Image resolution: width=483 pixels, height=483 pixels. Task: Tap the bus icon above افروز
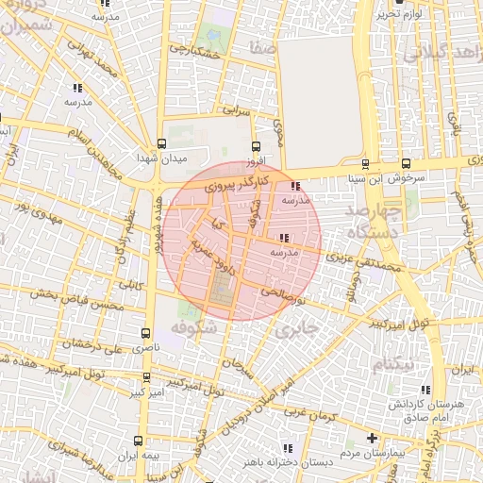point(255,145)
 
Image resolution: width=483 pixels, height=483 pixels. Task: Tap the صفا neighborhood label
point(264,45)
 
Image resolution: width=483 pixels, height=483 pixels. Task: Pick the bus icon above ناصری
point(145,333)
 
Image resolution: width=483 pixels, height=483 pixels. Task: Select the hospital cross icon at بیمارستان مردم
point(374,439)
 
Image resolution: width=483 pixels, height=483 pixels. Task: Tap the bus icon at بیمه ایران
point(139,441)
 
